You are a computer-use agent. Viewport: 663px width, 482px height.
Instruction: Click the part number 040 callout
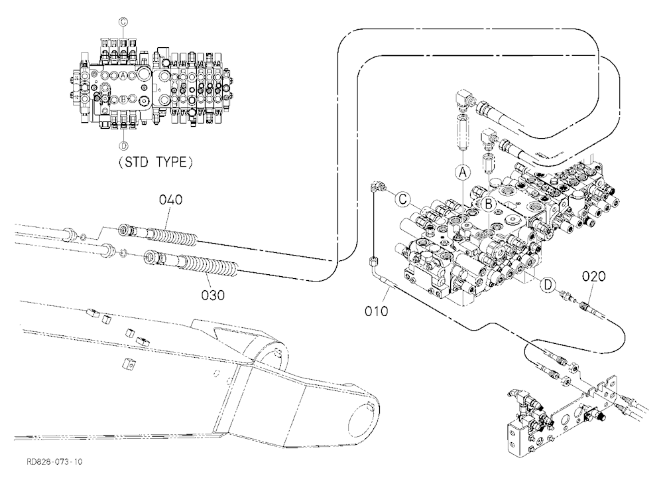[171, 199]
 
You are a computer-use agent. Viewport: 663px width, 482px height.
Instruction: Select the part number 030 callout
[213, 295]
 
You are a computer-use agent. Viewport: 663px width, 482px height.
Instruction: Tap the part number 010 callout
[377, 311]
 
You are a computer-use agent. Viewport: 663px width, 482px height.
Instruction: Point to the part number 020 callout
[593, 277]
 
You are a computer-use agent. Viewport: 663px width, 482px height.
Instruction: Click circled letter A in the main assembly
[463, 173]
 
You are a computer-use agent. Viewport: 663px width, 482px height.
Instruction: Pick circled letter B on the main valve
[489, 204]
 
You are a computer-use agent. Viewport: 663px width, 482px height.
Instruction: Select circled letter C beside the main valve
[403, 199]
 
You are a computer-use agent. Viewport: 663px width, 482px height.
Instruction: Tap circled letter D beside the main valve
[548, 285]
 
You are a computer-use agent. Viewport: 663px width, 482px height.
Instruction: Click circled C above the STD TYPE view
[123, 22]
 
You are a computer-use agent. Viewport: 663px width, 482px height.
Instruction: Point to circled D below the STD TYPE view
[123, 145]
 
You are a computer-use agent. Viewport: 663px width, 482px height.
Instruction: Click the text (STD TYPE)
[156, 162]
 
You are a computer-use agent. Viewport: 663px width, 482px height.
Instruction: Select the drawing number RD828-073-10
[54, 461]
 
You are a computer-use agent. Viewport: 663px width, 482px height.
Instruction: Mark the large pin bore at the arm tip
[361, 426]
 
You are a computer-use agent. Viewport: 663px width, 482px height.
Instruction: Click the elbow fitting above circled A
[464, 98]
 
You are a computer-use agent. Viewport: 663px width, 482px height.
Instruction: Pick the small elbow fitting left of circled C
[377, 187]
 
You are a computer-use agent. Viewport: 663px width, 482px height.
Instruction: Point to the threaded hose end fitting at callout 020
[589, 307]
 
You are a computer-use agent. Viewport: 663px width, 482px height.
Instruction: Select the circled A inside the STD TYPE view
[123, 76]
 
